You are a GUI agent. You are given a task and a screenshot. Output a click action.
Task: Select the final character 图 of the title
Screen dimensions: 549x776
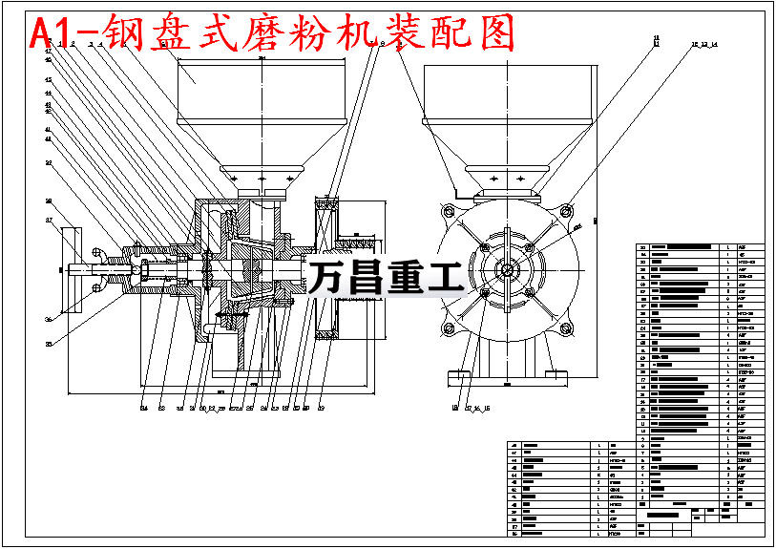tap(492, 33)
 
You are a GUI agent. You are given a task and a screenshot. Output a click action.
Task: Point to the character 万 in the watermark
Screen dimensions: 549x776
tap(328, 277)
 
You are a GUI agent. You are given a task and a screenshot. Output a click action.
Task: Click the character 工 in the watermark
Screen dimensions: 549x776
tap(445, 277)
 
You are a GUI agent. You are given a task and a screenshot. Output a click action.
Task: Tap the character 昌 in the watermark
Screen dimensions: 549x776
tap(367, 277)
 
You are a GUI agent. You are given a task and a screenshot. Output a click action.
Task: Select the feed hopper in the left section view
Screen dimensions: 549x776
tap(258, 105)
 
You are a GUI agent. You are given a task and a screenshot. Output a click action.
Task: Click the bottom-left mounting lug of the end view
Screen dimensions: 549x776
tap(445, 329)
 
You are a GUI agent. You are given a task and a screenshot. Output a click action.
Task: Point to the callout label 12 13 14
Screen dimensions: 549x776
tap(703, 45)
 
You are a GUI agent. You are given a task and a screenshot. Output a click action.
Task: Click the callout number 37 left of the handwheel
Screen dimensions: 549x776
tap(49, 221)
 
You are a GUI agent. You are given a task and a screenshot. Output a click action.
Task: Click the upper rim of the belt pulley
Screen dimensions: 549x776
tap(329, 203)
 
